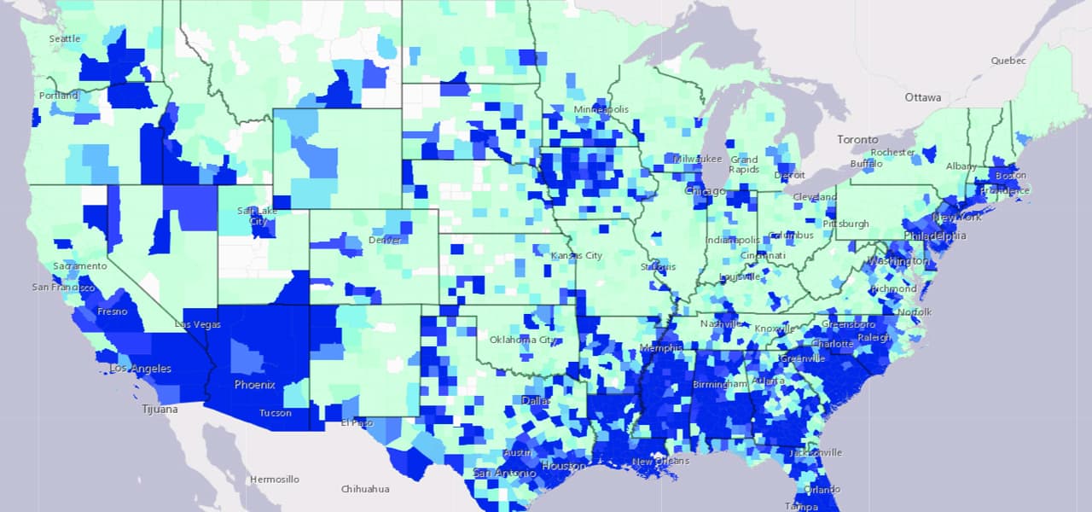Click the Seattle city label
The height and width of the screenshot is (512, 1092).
[x=65, y=38]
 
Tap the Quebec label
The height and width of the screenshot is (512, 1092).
[x=1008, y=61]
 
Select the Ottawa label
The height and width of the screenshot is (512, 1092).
[x=923, y=97]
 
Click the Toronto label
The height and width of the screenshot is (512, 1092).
[x=857, y=139]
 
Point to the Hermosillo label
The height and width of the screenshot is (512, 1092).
[x=274, y=480]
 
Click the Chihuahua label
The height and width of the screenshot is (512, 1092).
[x=365, y=489]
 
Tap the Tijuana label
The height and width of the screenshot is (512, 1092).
[x=160, y=410]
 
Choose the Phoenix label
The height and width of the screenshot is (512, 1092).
[x=255, y=385]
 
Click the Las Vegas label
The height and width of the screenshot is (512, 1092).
[x=197, y=324]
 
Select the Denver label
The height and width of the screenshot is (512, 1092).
[x=385, y=240]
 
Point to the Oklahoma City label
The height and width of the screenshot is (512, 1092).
[x=524, y=340]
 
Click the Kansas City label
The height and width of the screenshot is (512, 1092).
[x=576, y=255]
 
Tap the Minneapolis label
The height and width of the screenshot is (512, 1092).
[x=601, y=109]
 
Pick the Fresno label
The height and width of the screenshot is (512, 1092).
[x=112, y=311]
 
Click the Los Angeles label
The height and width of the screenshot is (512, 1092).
[x=140, y=369]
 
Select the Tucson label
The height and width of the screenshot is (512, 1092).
[x=276, y=413]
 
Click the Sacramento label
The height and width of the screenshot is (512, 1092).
[x=80, y=266]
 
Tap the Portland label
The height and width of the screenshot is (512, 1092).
[x=58, y=96]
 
